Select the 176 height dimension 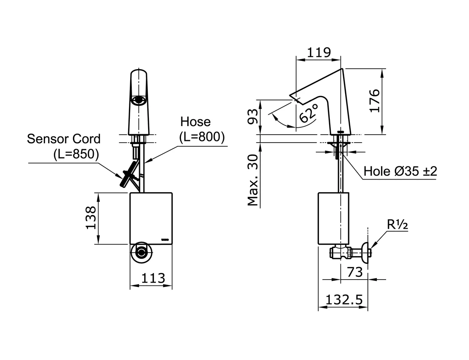coord(375,101)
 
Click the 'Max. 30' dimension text coord(254,179)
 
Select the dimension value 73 coord(354,272)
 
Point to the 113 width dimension coord(152,278)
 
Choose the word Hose coord(195,122)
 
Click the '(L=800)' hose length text coord(202,137)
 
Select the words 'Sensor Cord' coord(64,139)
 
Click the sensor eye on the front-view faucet coord(139,101)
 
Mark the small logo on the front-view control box coord(165,238)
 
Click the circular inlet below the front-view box coord(140,252)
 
